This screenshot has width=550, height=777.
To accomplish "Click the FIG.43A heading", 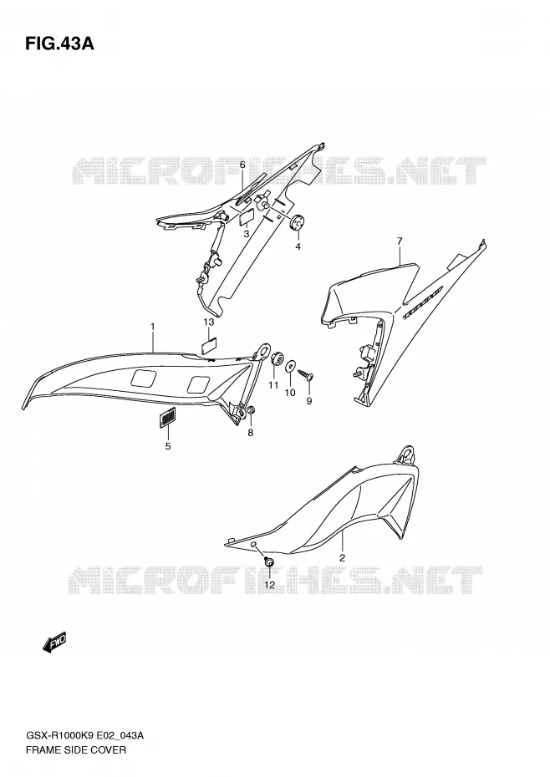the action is pyautogui.click(x=59, y=44).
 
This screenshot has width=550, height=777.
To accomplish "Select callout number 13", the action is pyautogui.click(x=209, y=322).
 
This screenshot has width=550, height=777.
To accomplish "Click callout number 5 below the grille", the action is pyautogui.click(x=168, y=446).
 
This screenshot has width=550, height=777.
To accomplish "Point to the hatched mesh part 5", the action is pyautogui.click(x=168, y=417).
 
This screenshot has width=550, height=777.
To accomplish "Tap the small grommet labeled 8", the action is pyautogui.click(x=251, y=411).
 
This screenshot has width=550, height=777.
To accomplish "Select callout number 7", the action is pyautogui.click(x=400, y=241).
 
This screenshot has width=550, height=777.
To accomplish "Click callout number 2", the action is pyautogui.click(x=342, y=558).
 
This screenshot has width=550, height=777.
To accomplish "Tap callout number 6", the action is pyautogui.click(x=242, y=165).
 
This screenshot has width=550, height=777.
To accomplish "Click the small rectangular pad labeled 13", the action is pyautogui.click(x=211, y=344).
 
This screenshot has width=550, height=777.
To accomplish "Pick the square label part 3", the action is pyautogui.click(x=247, y=218).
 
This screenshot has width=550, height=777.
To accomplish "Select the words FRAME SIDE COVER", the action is pyautogui.click(x=76, y=749).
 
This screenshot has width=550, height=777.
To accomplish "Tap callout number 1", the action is pyautogui.click(x=153, y=327).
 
